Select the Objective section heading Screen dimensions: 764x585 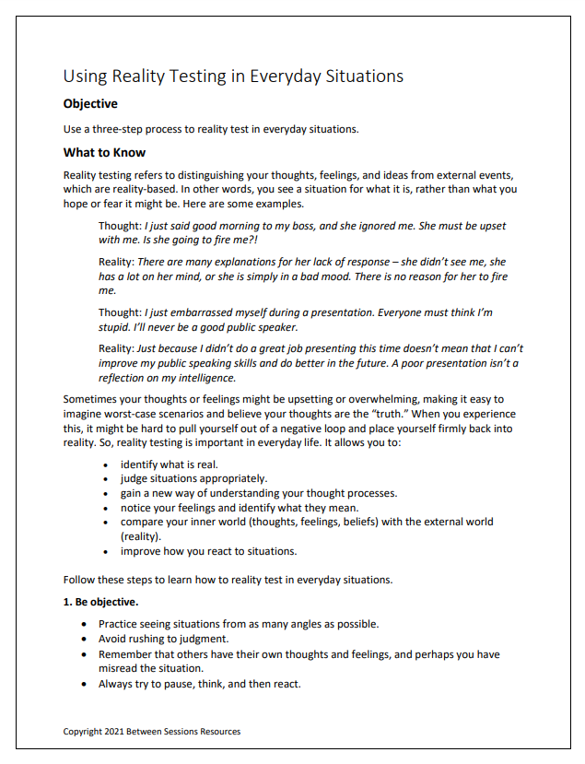tap(90, 104)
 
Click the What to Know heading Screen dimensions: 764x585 tap(104, 153)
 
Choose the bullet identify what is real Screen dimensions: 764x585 tap(169, 464)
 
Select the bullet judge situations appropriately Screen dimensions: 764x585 tap(193, 479)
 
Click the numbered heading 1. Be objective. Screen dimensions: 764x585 tap(100, 603)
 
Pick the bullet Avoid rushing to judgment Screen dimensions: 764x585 tap(163, 639)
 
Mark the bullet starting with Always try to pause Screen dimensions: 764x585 tap(199, 684)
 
